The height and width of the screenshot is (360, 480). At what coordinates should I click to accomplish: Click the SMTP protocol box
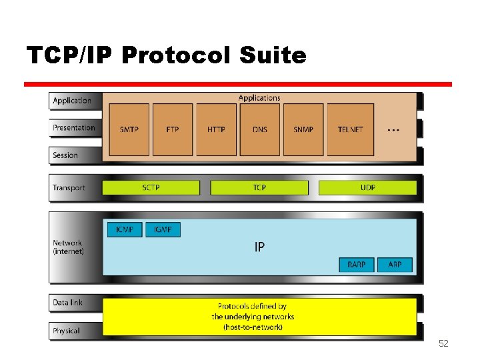[x=129, y=129]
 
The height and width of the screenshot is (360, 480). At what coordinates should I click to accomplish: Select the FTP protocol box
[x=173, y=129]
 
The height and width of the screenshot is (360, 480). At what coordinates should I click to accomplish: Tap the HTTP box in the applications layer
[x=216, y=129]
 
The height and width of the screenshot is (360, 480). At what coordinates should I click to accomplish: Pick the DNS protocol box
[x=259, y=129]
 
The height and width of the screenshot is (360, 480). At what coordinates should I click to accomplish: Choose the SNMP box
[x=303, y=129]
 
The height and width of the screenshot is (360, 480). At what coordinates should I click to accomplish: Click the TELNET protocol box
[x=350, y=129]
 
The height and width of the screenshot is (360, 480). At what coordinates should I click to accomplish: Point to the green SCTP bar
[x=151, y=188]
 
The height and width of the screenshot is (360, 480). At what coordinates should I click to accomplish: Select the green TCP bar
[x=259, y=188]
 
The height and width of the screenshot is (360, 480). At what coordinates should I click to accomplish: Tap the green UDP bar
[x=367, y=188]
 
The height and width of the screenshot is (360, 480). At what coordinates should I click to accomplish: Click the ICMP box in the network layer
[x=125, y=229]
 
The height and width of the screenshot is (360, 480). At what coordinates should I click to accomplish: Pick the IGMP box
[x=163, y=229]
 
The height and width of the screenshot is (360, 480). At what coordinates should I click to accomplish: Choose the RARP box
[x=357, y=265]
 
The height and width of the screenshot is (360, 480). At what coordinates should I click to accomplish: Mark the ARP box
[x=395, y=265]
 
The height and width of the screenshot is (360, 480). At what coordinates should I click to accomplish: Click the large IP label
[x=259, y=247]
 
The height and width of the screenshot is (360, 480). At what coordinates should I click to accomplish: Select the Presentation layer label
[x=74, y=128]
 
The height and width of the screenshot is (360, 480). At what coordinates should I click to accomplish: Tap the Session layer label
[x=65, y=155]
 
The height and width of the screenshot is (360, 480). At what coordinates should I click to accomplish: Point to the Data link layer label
[x=68, y=303]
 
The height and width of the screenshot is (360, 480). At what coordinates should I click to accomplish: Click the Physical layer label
[x=66, y=331]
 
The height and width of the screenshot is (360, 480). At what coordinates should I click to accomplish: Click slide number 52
[x=443, y=343]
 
